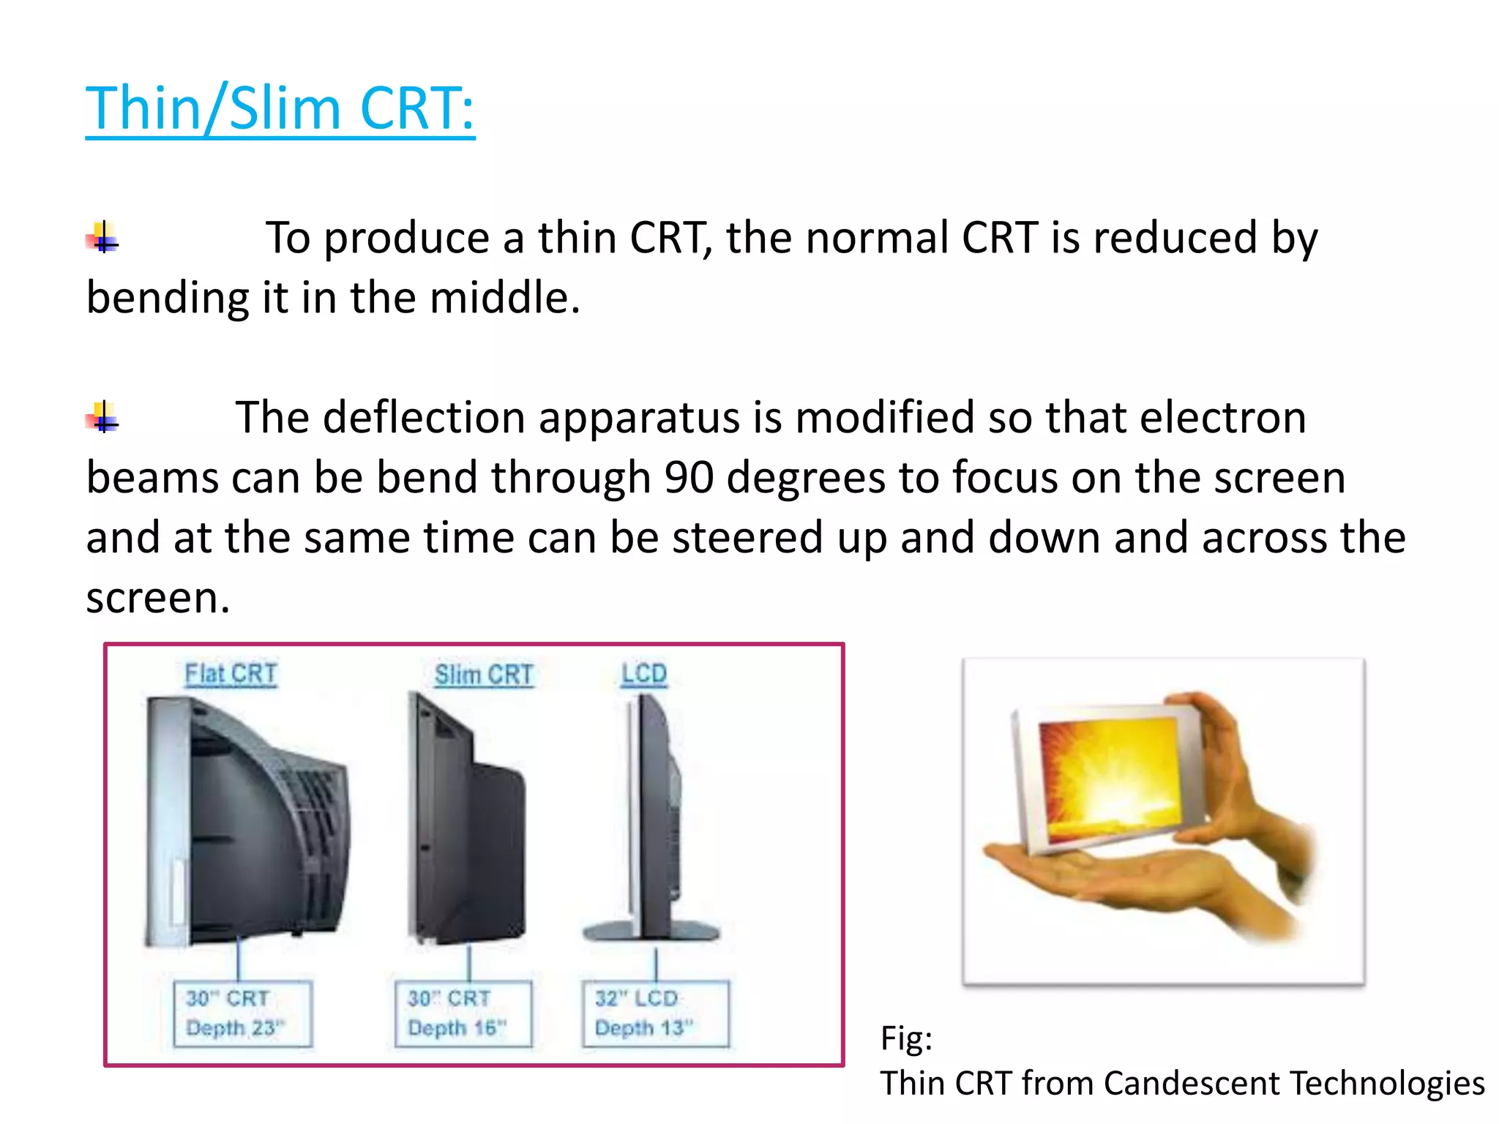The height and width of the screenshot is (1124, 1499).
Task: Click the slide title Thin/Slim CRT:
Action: [x=280, y=108]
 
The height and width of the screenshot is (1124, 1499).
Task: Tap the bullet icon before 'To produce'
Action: [x=102, y=238]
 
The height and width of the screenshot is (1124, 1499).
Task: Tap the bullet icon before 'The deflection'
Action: [x=102, y=417]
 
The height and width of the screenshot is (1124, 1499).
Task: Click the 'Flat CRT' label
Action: [x=231, y=674]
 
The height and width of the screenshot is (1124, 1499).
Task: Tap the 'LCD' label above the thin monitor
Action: [x=644, y=674]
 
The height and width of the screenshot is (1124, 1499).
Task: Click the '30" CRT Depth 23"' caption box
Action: [x=243, y=1014]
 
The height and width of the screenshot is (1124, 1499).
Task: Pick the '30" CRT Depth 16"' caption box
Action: [x=463, y=1014]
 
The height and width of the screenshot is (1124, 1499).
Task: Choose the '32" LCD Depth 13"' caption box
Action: [x=656, y=1014]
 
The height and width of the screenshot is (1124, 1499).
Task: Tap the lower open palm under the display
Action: [x=1098, y=878]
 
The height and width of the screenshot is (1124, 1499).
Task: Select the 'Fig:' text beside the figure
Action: [x=906, y=1038]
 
